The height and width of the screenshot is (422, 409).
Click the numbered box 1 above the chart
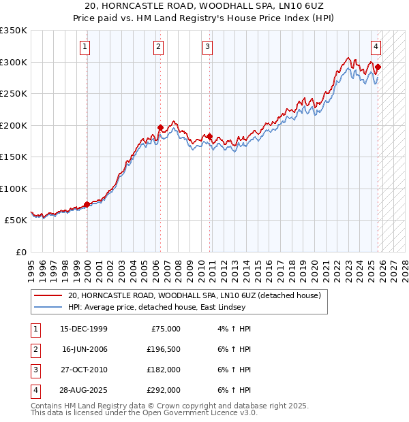(85, 47)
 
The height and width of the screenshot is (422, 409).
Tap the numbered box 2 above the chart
(158, 47)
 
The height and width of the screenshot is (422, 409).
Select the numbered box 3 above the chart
(207, 47)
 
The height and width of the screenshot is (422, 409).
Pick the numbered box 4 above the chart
(376, 47)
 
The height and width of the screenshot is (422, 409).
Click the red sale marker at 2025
(378, 67)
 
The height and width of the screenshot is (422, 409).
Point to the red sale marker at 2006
(160, 127)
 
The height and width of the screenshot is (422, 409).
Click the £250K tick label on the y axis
(13, 94)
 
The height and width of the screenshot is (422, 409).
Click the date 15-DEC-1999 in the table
(83, 329)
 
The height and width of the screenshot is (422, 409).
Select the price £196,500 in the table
(164, 349)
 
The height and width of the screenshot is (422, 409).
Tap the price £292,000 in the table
(164, 390)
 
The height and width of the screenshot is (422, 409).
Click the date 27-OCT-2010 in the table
(83, 370)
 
